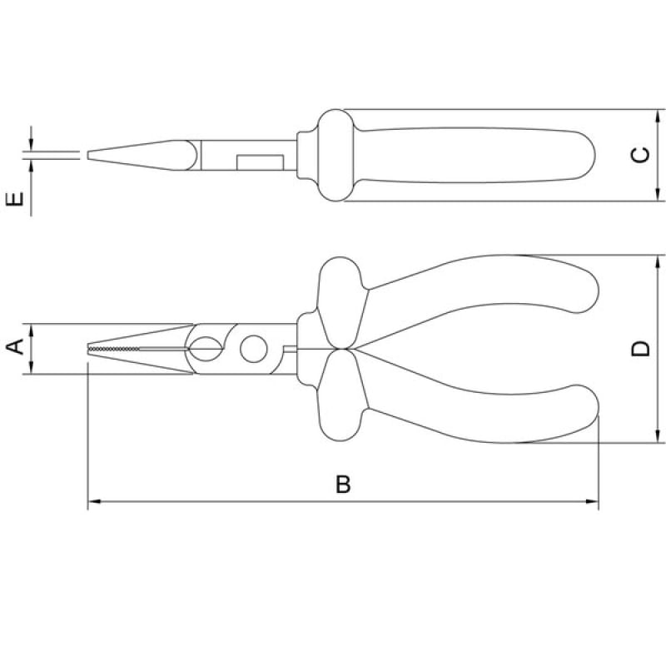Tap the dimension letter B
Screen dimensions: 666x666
[x=343, y=485]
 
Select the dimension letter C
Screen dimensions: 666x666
[x=640, y=155]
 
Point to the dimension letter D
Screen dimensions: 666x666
[x=640, y=348]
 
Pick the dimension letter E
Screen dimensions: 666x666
[x=15, y=198]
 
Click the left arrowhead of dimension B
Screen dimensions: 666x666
[x=94, y=502]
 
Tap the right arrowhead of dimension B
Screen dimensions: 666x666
[x=592, y=502]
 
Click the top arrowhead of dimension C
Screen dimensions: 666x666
[x=658, y=116]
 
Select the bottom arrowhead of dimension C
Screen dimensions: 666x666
[x=658, y=195]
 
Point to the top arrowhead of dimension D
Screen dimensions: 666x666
[x=658, y=261]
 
